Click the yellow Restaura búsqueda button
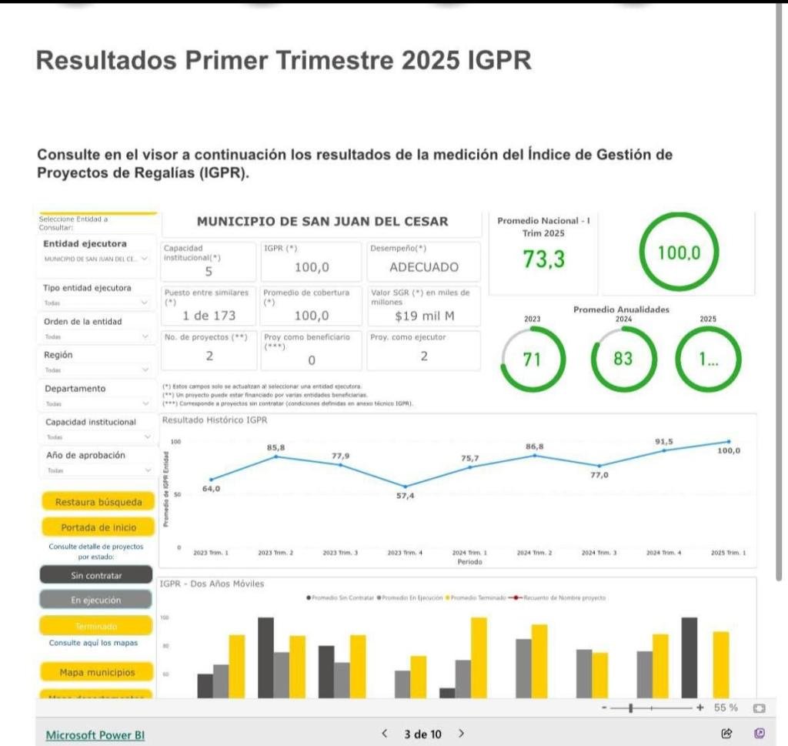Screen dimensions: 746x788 pyautogui.click(x=98, y=502)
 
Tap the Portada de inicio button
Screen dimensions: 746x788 pyautogui.click(x=98, y=527)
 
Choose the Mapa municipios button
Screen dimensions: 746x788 pyautogui.click(x=97, y=672)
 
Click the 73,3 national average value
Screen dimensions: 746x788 pyautogui.click(x=543, y=260)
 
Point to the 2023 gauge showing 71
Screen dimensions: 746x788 pyautogui.click(x=533, y=359)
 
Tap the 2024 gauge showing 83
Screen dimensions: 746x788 pyautogui.click(x=623, y=359)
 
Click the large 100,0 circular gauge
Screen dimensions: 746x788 pyautogui.click(x=678, y=253)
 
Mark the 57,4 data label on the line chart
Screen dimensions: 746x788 pyautogui.click(x=406, y=496)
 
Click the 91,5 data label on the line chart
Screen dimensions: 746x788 pyautogui.click(x=663, y=441)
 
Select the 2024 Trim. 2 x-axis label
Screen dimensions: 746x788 pyautogui.click(x=534, y=553)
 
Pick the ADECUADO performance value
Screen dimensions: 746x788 pyautogui.click(x=424, y=267)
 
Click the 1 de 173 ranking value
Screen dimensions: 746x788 pyautogui.click(x=209, y=316)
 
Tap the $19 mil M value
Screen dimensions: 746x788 pyautogui.click(x=424, y=316)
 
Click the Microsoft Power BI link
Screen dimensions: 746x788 pyautogui.click(x=95, y=734)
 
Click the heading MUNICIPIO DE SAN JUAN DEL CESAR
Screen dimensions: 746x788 pyautogui.click(x=322, y=222)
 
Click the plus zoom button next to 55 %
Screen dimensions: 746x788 pyautogui.click(x=700, y=708)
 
